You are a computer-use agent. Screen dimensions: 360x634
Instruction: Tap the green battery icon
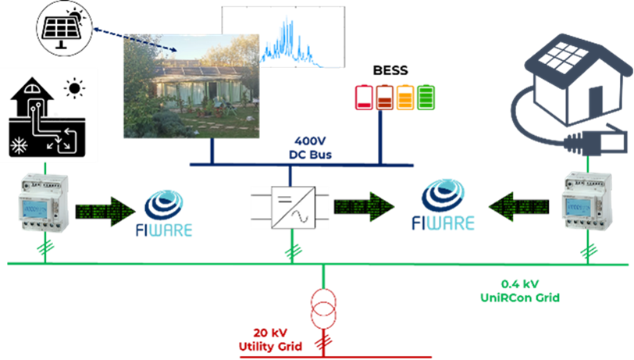coord(426,96)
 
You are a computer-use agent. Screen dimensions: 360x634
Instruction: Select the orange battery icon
coord(405,96)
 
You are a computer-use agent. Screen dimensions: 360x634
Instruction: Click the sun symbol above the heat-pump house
coord(74,88)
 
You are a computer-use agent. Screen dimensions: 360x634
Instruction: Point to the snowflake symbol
coord(17,146)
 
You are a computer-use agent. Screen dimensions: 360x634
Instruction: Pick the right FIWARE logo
coord(443,206)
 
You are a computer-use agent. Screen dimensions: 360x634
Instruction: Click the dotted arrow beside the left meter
coord(106,209)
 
